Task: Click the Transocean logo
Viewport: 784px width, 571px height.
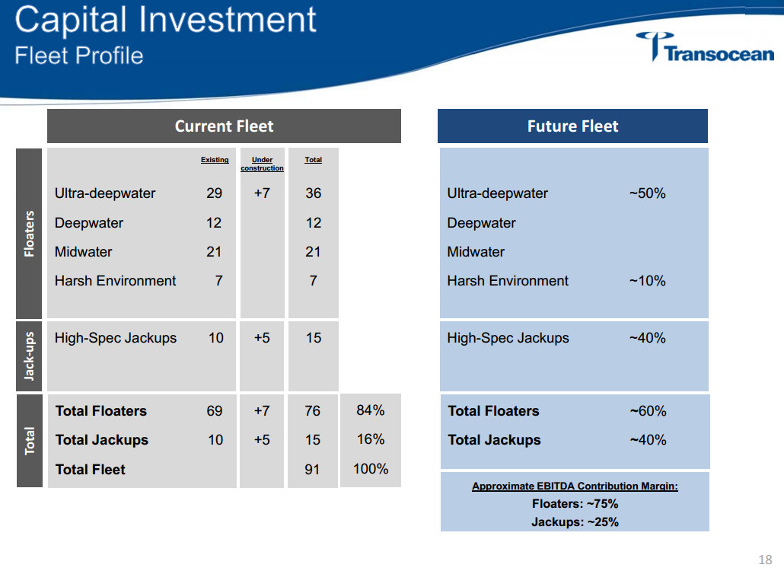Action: click(x=705, y=48)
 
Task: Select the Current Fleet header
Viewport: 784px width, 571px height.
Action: click(x=224, y=126)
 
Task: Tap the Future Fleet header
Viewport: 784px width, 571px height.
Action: click(x=572, y=126)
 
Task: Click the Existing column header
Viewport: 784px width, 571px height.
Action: click(x=215, y=160)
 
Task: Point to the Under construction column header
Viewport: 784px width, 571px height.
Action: click(x=262, y=164)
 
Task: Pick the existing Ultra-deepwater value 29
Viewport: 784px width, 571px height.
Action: click(x=215, y=193)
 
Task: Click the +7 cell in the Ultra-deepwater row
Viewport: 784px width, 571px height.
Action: click(x=262, y=193)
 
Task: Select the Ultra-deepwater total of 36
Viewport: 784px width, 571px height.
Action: click(x=313, y=193)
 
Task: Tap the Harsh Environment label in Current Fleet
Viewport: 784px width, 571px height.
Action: click(x=115, y=281)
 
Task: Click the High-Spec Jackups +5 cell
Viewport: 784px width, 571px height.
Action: click(x=262, y=338)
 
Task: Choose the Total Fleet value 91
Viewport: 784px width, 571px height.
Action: click(x=313, y=470)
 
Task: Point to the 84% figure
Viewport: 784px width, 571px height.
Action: click(x=371, y=410)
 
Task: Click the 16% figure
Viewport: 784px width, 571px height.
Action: click(x=371, y=439)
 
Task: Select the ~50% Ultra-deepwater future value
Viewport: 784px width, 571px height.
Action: click(x=647, y=193)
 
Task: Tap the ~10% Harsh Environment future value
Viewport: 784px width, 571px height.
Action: click(x=647, y=281)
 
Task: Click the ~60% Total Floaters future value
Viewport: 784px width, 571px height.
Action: click(x=648, y=411)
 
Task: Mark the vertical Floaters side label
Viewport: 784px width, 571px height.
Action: click(x=30, y=233)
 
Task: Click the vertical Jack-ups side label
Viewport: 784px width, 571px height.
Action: click(x=30, y=356)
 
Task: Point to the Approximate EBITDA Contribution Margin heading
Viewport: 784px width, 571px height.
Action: click(x=575, y=486)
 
